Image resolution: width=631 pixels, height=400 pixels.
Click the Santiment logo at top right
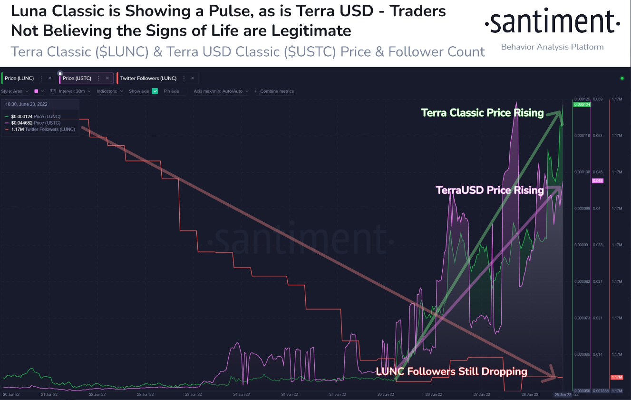552,22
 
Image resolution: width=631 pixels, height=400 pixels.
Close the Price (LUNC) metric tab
49,78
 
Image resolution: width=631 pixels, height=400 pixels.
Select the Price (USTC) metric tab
77,78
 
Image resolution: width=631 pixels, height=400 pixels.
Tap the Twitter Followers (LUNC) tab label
148,78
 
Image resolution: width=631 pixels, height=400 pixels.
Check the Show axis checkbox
155,91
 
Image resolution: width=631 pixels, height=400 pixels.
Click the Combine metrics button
274,91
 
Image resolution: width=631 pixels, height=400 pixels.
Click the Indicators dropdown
110,91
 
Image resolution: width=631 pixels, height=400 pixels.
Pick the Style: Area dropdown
15,91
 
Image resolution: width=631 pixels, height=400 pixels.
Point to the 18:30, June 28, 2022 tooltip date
26,104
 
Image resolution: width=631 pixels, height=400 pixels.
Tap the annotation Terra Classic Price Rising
482,113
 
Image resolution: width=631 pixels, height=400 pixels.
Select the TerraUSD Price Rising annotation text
489,190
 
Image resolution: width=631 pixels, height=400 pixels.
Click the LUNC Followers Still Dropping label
451,371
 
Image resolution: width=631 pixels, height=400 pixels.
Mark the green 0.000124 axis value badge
582,104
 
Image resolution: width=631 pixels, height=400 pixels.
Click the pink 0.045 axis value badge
597,180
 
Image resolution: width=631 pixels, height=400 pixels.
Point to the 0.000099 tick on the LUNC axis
582,209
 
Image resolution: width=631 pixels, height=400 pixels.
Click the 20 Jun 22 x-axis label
10,394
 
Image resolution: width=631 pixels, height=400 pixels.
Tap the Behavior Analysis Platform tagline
552,47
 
